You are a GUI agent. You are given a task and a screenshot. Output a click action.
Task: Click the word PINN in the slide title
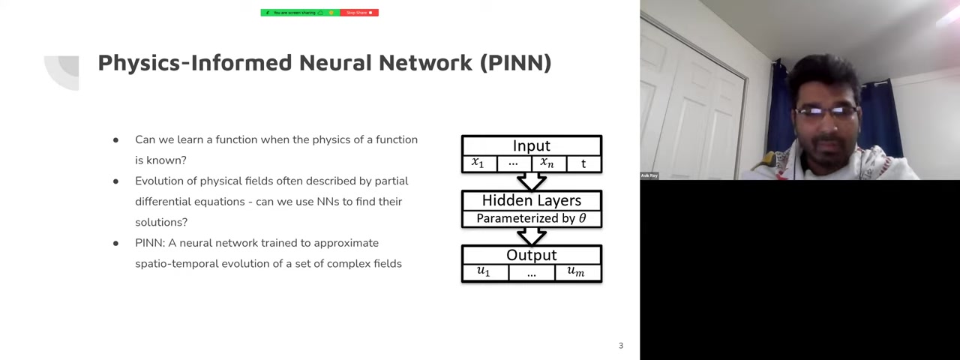[515, 62]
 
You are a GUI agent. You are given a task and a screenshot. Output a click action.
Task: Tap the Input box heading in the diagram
[531, 145]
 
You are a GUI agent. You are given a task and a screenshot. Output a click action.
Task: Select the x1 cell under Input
[478, 163]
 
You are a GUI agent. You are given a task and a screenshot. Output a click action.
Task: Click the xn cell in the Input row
[547, 163]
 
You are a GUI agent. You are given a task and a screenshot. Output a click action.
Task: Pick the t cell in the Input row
[583, 163]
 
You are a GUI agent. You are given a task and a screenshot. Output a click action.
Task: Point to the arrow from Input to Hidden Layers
[531, 181]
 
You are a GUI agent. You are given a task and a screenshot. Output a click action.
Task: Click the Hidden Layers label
[531, 200]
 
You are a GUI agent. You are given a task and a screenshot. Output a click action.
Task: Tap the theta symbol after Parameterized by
[582, 218]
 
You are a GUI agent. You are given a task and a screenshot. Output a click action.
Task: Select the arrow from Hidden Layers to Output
[531, 236]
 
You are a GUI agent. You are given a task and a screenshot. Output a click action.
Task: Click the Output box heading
[531, 255]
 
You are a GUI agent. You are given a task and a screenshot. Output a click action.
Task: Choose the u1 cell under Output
[484, 272]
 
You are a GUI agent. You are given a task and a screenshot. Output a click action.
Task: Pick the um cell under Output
[575, 272]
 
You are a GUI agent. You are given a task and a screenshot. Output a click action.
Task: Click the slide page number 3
[620, 346]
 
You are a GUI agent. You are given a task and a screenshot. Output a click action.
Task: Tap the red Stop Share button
[359, 13]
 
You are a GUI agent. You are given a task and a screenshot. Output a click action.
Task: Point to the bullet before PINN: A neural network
[115, 244]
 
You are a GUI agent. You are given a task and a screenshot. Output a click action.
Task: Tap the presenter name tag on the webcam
[649, 175]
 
